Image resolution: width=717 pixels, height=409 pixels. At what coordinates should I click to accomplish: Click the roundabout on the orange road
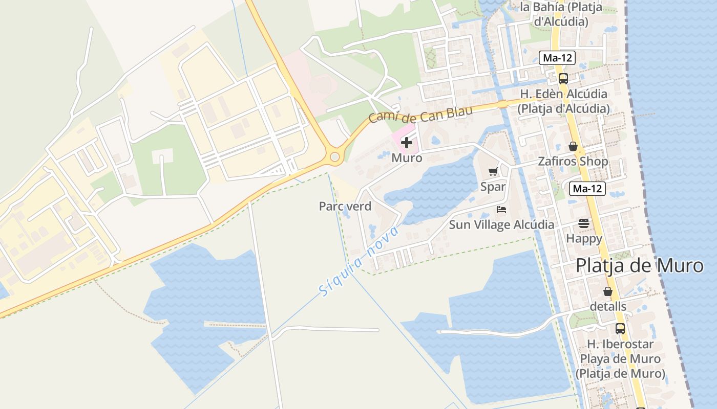coord(335,157)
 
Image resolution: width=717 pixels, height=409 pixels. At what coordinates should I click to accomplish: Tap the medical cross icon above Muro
coord(407,143)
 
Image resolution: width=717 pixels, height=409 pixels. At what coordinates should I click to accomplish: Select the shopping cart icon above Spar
coord(493,172)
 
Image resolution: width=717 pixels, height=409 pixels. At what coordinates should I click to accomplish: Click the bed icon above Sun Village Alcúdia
coord(501,210)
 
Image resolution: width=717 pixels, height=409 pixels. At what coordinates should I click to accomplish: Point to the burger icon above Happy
coord(584,223)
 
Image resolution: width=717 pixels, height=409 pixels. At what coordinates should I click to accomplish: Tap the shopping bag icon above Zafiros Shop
coord(573,147)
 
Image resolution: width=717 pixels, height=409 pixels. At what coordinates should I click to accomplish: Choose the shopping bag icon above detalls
coord(607,292)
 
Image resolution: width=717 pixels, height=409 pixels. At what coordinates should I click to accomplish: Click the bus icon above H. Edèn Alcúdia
coord(563,79)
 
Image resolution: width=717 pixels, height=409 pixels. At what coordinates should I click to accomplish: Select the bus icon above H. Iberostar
coord(620,329)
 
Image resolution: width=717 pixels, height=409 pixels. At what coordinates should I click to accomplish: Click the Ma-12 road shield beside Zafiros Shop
coord(587,189)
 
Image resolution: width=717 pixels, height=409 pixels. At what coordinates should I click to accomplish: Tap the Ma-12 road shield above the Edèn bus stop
coord(557,58)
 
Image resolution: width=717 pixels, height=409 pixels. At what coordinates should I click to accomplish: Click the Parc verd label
coord(345,207)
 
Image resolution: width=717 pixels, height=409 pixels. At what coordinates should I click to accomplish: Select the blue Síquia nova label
coord(358,261)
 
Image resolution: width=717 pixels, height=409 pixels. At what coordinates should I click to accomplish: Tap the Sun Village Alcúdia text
coord(501,224)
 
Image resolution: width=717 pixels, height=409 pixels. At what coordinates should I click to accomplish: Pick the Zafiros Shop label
coord(573,162)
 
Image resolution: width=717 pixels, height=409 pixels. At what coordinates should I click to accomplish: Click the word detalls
coord(608,307)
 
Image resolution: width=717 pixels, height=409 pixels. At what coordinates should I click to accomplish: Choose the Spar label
coord(493,187)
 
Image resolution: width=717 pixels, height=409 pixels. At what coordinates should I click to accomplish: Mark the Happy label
coord(584,238)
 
